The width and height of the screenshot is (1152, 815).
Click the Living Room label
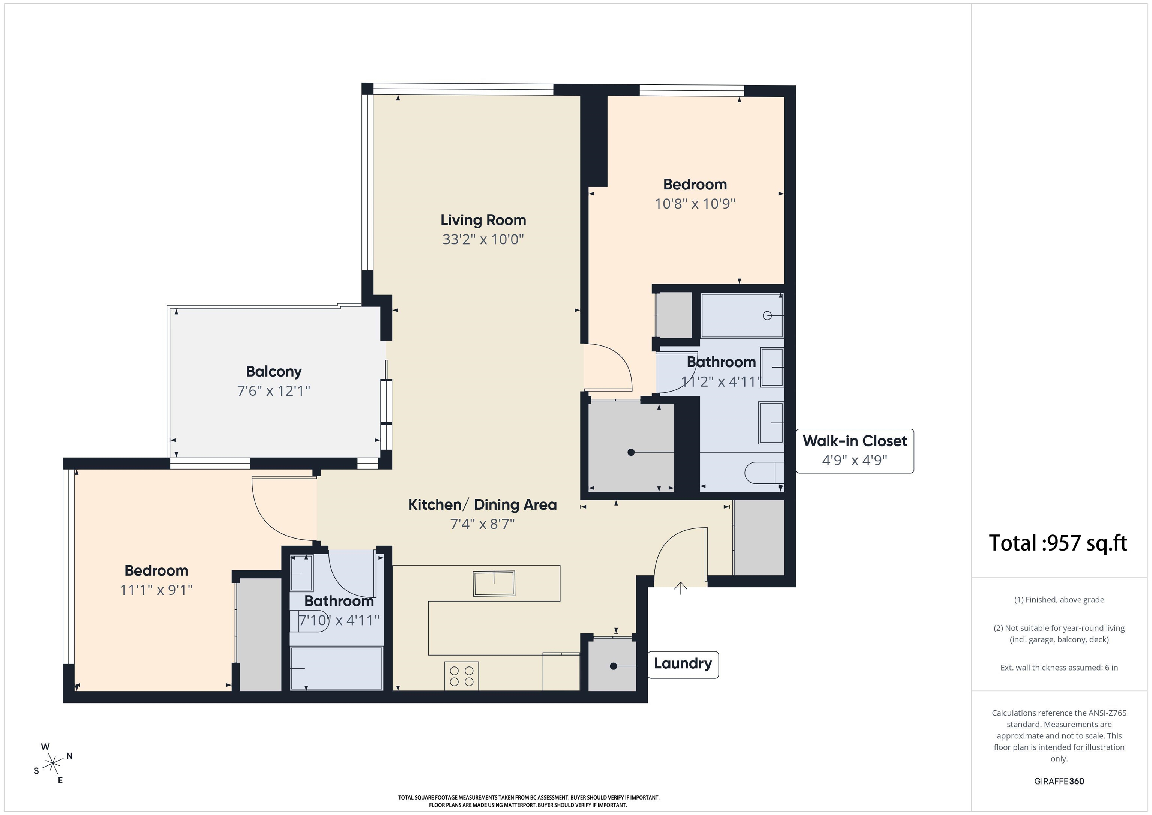[483, 220]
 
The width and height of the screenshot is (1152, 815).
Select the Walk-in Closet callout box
[855, 451]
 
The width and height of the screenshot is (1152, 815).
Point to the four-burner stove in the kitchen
[462, 675]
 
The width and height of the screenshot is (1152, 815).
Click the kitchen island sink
[494, 584]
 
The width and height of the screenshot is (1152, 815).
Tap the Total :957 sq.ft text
[1058, 543]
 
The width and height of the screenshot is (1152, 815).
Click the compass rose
[52, 764]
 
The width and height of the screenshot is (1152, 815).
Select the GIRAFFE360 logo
[1059, 781]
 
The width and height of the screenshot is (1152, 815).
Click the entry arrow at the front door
[680, 588]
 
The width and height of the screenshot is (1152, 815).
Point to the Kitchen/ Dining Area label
[482, 505]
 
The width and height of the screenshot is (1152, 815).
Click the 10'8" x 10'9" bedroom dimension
[695, 204]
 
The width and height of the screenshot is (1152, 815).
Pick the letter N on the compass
[69, 756]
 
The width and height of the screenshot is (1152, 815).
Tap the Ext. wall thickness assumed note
[1059, 668]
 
